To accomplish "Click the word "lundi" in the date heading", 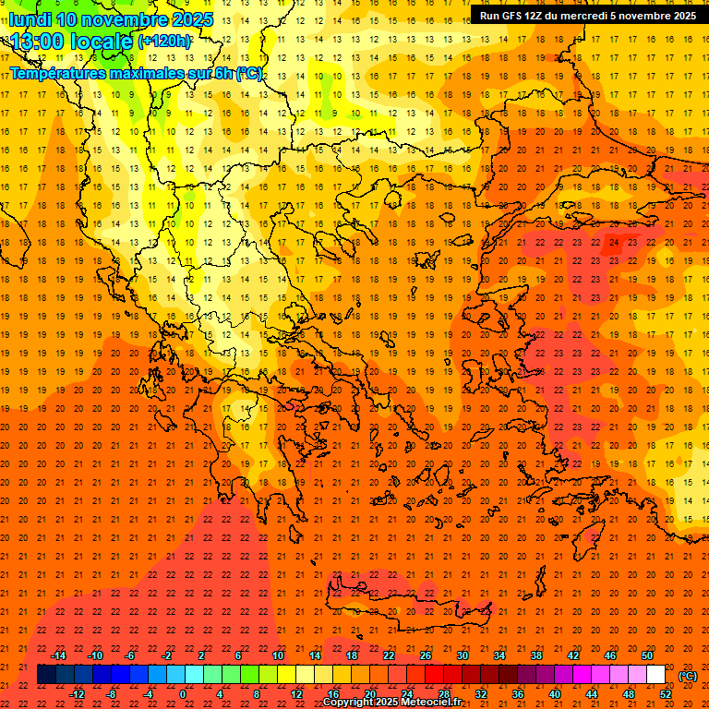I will coord(30,19).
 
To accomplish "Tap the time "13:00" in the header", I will coord(40,41).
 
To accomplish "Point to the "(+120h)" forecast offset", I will coord(164,42).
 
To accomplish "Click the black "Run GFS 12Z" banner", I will coord(588,16).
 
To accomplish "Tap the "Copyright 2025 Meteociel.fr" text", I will coord(391,703).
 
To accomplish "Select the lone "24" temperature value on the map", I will coord(614,243).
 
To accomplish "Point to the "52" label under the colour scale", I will coord(666,694).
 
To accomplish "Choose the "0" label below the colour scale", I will coord(183,694).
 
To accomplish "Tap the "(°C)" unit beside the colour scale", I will coord(688,676).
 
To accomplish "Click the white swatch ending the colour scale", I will coord(656,675).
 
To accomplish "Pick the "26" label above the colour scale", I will coord(426,655).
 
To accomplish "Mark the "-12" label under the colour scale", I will coord(77,694).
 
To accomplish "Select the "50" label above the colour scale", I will coord(646,655).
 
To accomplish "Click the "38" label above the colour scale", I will coord(535,655).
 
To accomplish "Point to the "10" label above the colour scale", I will coord(278,655).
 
